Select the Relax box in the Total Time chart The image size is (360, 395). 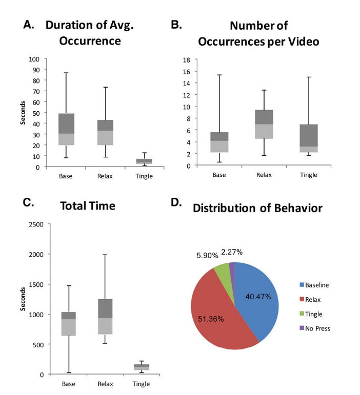[105, 317]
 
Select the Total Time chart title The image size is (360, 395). [87, 206]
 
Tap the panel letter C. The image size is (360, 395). [28, 202]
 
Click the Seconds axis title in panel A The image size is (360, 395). [23, 113]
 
